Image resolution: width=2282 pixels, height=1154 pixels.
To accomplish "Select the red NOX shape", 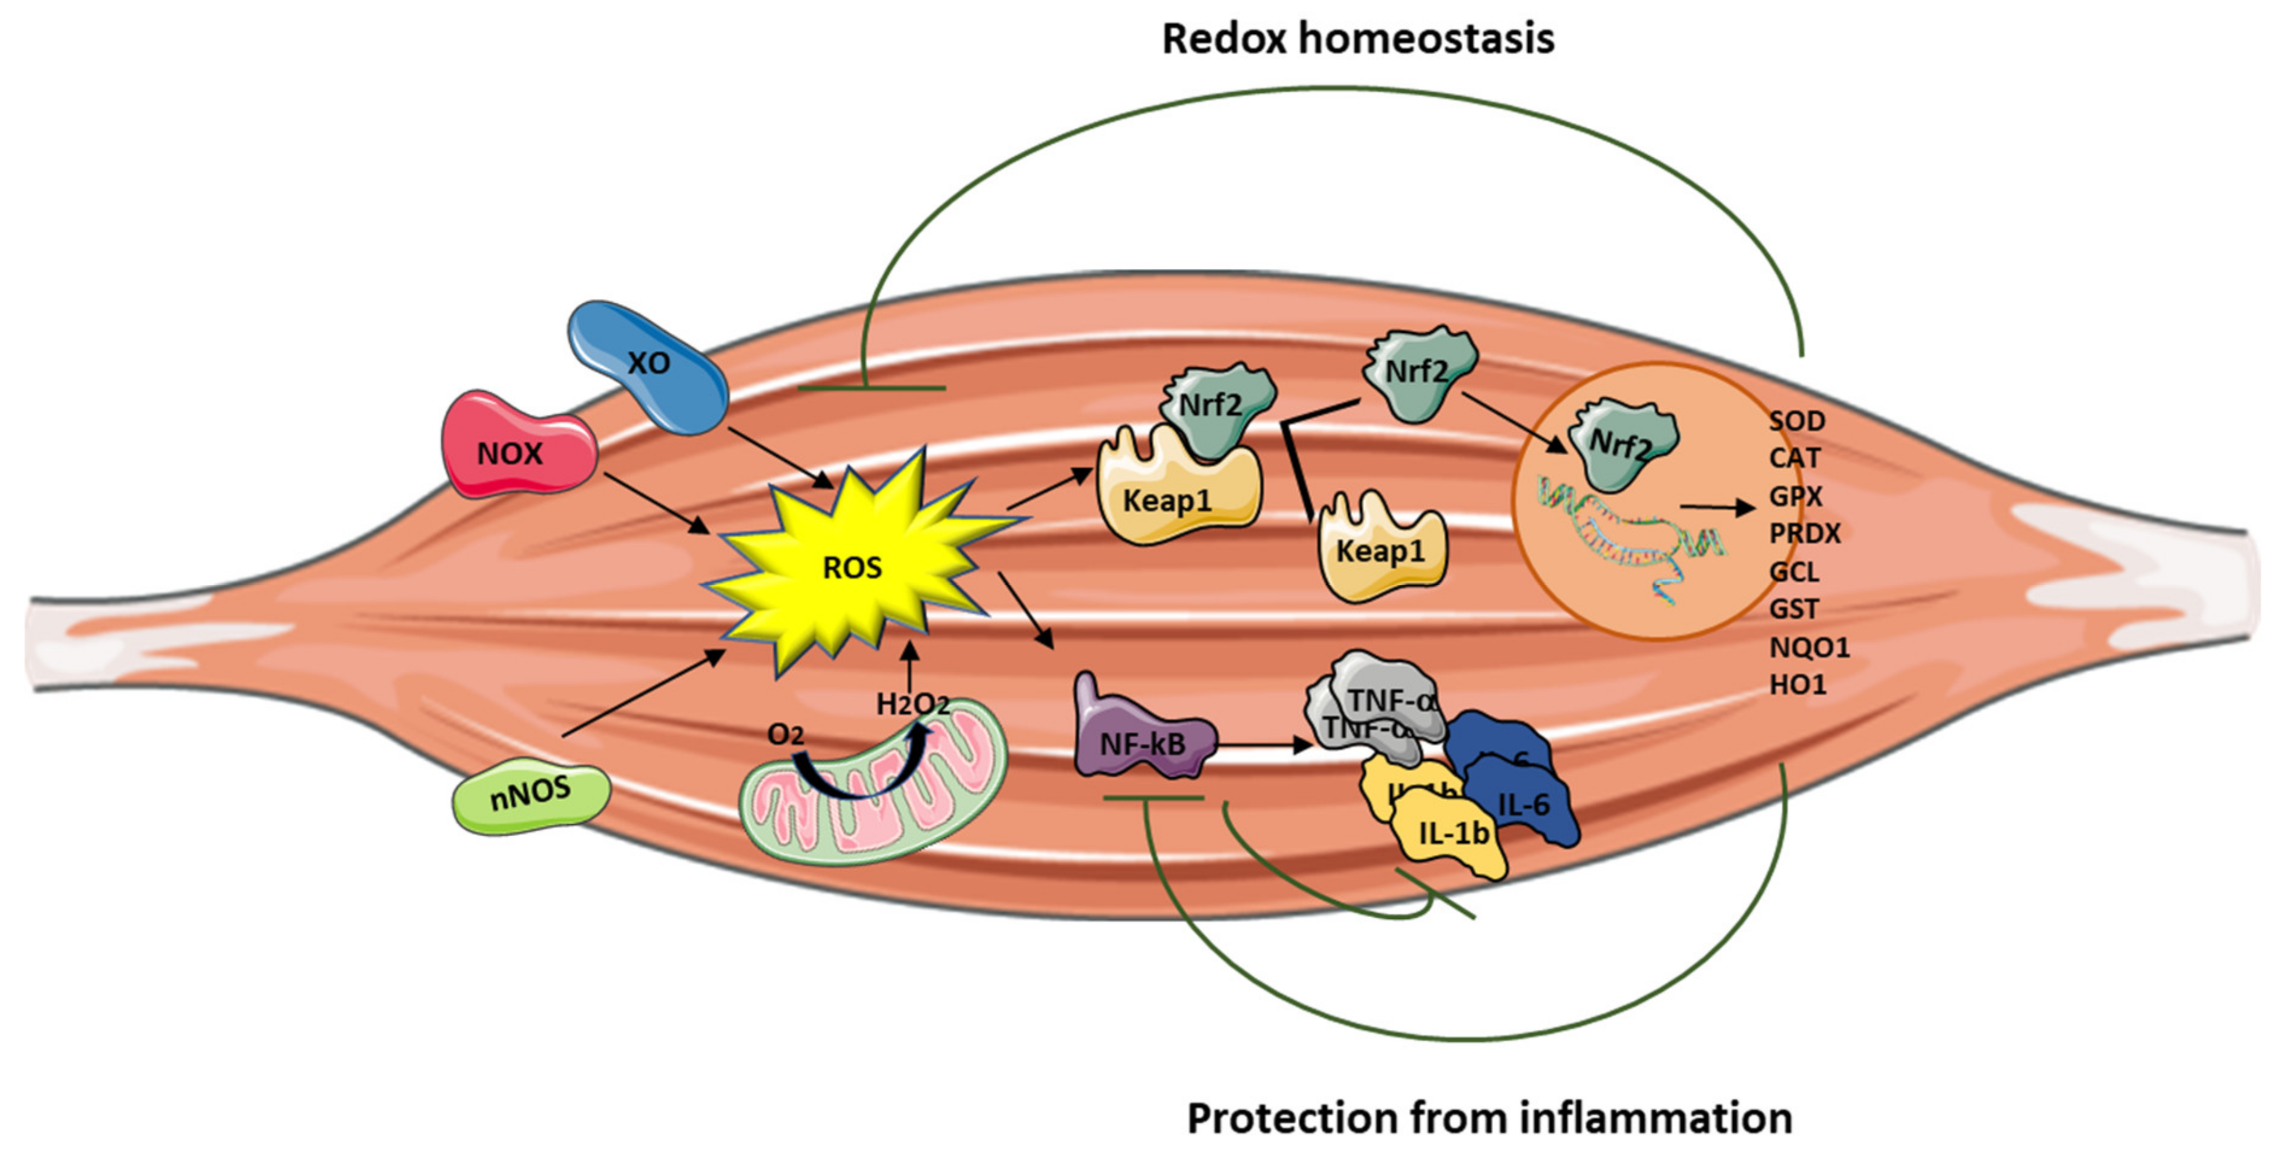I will (x=516, y=447).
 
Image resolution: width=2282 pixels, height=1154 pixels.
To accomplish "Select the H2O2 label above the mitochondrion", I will (x=912, y=704).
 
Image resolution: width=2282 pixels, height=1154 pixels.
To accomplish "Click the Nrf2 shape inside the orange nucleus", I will (x=1620, y=443).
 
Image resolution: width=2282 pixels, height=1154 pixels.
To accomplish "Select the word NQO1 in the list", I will (x=1809, y=648).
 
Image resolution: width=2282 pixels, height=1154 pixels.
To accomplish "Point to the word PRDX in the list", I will (x=1804, y=533).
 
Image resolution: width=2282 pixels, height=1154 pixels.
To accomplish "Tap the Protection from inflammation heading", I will (x=1489, y=1118).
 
